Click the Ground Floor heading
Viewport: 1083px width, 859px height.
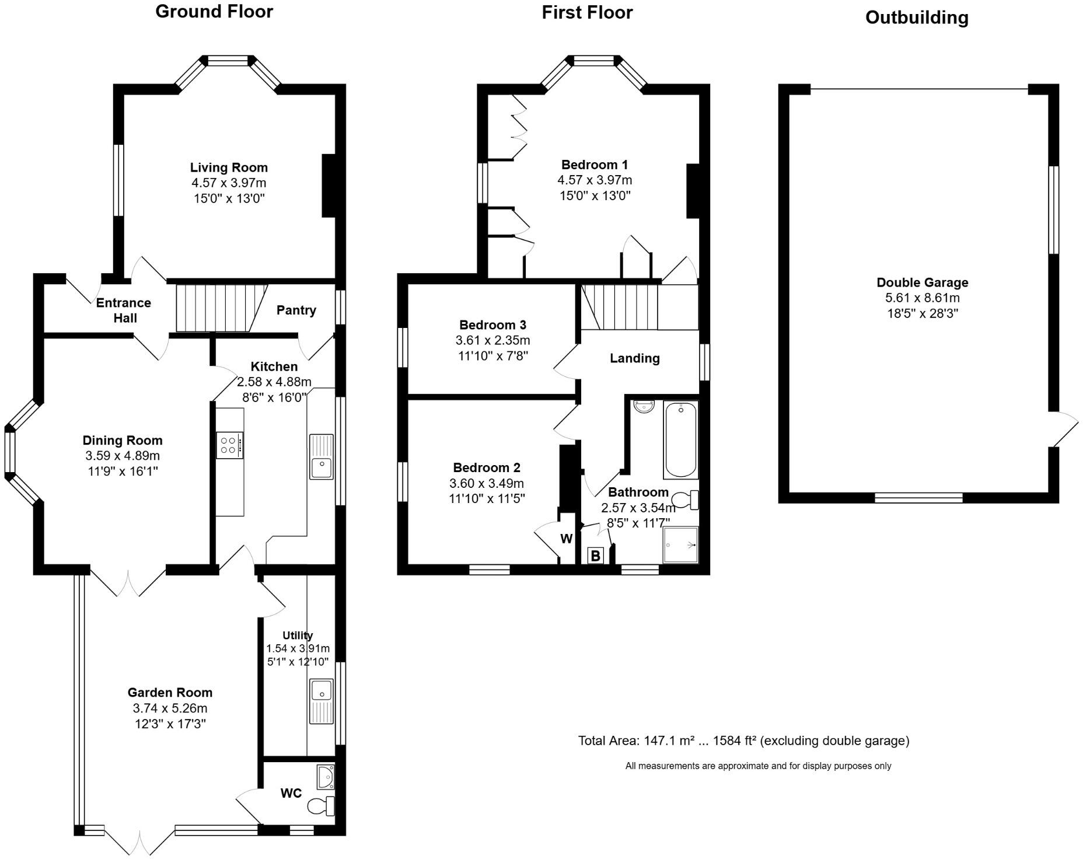tap(214, 12)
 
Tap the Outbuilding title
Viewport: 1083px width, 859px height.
tap(917, 18)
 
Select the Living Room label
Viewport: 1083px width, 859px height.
tap(229, 167)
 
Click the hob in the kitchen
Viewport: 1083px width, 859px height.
tap(230, 446)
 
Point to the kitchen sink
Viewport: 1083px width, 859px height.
tap(322, 457)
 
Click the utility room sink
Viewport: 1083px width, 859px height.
tap(322, 701)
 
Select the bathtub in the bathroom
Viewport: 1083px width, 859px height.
tap(680, 439)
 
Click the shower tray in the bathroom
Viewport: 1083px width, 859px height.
tap(680, 546)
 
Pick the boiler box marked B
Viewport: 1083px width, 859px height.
tap(595, 556)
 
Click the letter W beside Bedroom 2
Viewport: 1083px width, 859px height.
tap(567, 539)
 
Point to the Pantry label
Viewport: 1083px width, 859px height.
tap(296, 310)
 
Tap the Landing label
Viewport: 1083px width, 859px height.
tap(635, 358)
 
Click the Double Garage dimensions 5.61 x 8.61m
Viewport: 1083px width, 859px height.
tap(923, 298)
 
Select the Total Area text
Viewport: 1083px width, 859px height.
tap(744, 741)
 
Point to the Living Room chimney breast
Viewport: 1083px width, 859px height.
tap(329, 186)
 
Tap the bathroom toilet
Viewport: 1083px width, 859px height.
tap(685, 500)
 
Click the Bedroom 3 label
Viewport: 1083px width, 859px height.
tap(493, 325)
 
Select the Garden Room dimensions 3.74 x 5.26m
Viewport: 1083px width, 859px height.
tap(170, 708)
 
